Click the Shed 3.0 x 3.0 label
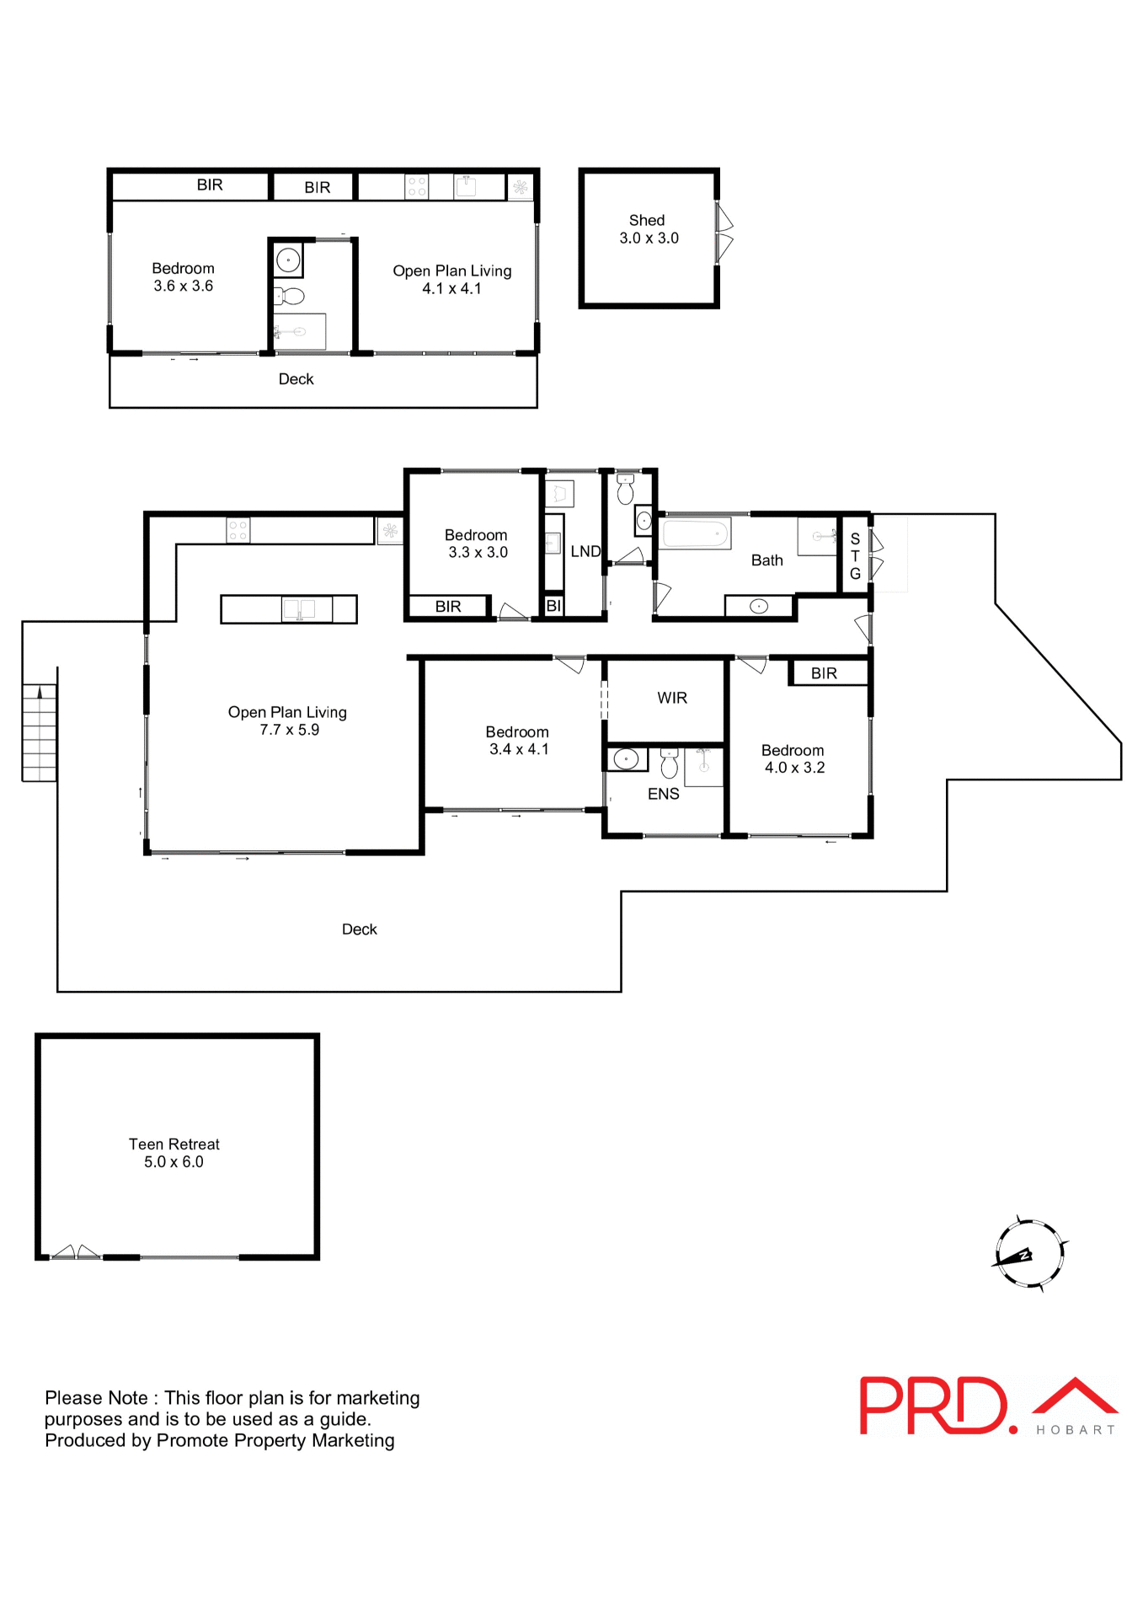648,229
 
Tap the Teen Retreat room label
174,1152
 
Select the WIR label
671,698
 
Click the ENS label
663,794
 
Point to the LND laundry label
585,551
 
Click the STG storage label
854,556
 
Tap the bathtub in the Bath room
696,533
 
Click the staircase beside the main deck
40,732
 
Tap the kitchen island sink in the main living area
298,608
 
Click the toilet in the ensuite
669,763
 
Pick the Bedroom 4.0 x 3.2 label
793,758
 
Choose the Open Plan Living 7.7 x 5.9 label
287,721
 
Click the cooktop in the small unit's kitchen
416,186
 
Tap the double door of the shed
724,233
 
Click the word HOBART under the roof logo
1075,1430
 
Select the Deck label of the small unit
296,379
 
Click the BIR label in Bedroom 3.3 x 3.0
447,607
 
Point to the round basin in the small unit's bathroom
288,260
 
